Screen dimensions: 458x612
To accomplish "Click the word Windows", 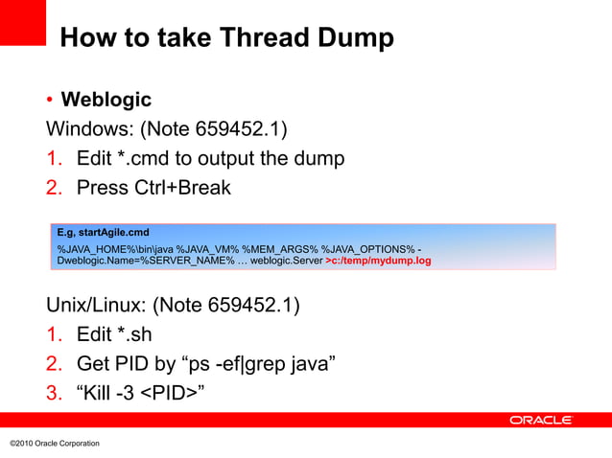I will click(x=89, y=128).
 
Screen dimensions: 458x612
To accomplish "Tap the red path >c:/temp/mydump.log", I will click(x=378, y=260).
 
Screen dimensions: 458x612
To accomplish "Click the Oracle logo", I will click(x=540, y=420).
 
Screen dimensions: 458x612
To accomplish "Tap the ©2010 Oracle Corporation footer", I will click(x=54, y=443).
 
